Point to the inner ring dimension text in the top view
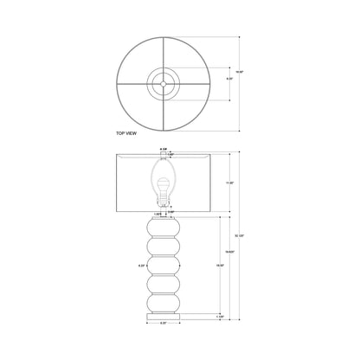(229, 79)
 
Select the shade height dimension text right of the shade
(229, 184)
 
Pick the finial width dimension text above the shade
(164, 148)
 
